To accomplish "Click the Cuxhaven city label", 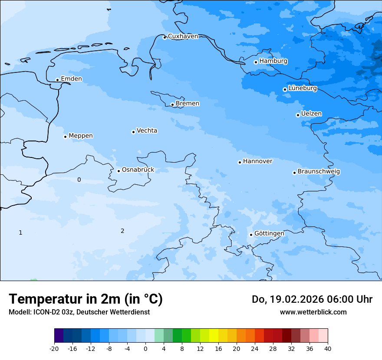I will coord(183,36).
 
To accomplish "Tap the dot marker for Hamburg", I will coord(256,62).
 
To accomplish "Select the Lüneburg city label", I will coord(303,88).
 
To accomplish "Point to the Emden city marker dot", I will coord(57,80).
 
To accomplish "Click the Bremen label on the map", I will coord(188,104).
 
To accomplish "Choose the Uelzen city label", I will coord(311,114).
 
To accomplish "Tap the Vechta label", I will coord(147,131).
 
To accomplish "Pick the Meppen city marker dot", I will coord(65,137).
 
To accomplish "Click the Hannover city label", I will coord(257,161).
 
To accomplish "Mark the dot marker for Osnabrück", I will coord(119,171).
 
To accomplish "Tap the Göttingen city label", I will coord(269,233).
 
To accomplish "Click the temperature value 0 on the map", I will coord(79,180).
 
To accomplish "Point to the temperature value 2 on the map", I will coord(122,231).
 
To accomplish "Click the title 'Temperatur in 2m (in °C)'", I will coord(86,299).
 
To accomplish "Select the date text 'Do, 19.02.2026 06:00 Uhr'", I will coord(312,299).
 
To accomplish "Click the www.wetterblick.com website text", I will coord(313,312).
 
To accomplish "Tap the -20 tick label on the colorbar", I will coord(54,349).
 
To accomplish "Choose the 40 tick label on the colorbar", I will coord(328,349).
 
